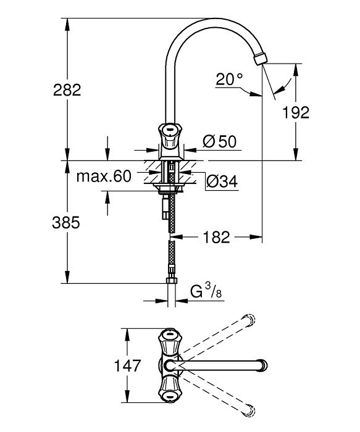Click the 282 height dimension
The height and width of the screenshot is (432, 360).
[67, 90]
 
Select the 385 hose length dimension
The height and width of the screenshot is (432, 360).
[66, 223]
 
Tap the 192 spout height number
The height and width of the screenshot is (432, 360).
[296, 112]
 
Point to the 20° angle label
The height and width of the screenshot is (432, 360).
[229, 79]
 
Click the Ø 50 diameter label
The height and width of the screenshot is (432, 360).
[220, 141]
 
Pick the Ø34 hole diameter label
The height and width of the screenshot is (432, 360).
[222, 181]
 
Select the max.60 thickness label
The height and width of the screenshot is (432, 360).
[104, 177]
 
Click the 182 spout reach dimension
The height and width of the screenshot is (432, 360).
[216, 237]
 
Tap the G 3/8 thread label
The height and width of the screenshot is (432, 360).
[206, 292]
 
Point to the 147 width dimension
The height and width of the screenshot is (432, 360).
[127, 366]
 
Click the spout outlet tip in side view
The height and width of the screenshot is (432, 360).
[261, 59]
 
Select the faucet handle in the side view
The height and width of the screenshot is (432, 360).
[170, 136]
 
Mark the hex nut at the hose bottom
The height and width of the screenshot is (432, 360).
[172, 280]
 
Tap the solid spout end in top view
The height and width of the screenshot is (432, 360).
[262, 365]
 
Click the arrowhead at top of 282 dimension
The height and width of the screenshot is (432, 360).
[67, 25]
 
